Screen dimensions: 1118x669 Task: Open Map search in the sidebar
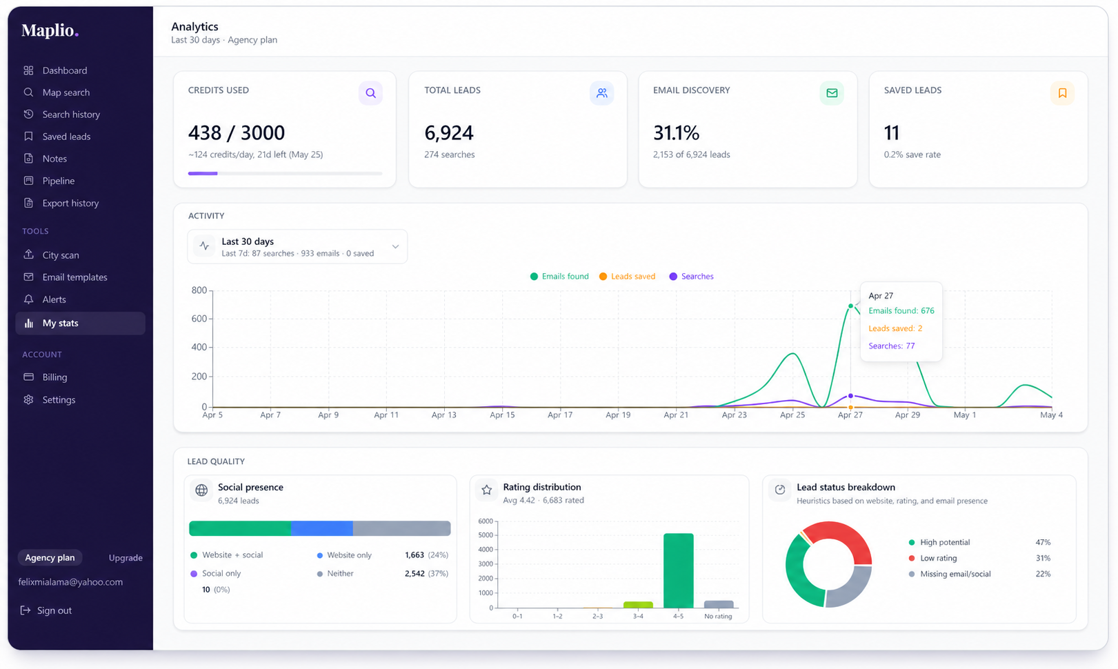[66, 92]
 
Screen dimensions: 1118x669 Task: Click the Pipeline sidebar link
[59, 181]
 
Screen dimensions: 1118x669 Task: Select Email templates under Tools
[75, 277]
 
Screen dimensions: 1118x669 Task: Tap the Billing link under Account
[54, 377]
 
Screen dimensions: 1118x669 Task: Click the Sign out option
[54, 610]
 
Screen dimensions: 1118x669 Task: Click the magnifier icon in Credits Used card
[370, 93]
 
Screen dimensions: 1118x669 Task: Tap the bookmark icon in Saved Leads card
[1062, 93]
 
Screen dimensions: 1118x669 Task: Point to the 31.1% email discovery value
[677, 133]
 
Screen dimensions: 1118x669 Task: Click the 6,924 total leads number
[449, 133]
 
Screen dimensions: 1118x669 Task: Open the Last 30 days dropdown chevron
[395, 247]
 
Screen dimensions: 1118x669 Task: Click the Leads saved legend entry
[628, 276]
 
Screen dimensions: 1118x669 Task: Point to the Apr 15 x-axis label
[502, 415]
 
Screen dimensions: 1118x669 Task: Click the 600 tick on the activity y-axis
[199, 319]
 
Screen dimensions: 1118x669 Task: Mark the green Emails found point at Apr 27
[850, 306]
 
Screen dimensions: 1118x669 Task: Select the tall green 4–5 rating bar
[678, 570]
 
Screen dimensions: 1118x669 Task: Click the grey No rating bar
[719, 604]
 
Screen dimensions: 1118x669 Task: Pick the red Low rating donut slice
[841, 540]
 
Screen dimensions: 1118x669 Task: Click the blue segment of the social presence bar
[322, 528]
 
